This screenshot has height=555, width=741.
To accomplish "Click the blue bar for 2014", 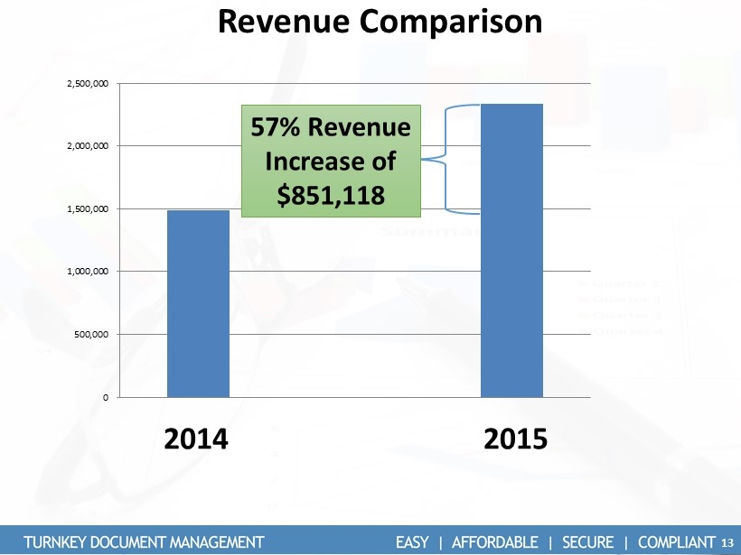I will pyautogui.click(x=198, y=304).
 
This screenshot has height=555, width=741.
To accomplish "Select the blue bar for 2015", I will pyautogui.click(x=511, y=251).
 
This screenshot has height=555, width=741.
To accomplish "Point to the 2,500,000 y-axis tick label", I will pyautogui.click(x=89, y=83).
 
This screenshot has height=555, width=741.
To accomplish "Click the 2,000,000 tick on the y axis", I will pyautogui.click(x=89, y=145).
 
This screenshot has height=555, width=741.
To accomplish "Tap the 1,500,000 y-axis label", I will pyautogui.click(x=89, y=208).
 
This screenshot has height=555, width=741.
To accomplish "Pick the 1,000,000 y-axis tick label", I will pyautogui.click(x=89, y=271).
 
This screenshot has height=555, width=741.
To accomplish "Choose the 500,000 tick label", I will pyautogui.click(x=93, y=335).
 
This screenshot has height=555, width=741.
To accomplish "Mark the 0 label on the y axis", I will pyautogui.click(x=106, y=397).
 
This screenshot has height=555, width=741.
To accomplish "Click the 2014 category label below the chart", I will pyautogui.click(x=197, y=440).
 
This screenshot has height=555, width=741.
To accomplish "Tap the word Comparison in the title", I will pyautogui.click(x=450, y=21).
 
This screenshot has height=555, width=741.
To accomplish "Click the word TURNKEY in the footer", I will pyautogui.click(x=59, y=541).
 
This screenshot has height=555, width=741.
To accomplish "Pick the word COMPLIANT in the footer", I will pyautogui.click(x=677, y=541).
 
